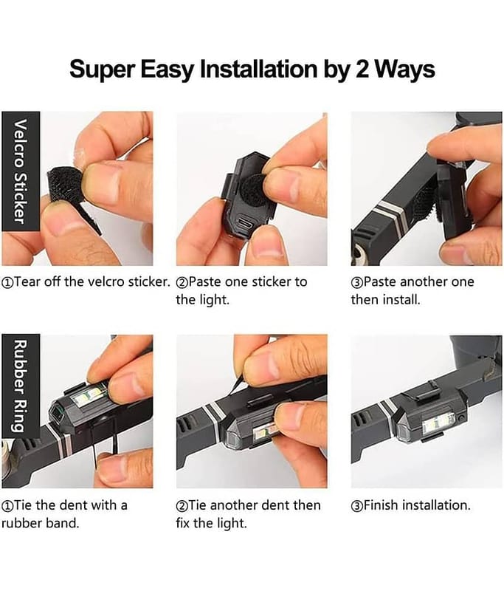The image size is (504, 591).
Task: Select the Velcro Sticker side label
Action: point(21,171)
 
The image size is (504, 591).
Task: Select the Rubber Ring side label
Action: point(21,386)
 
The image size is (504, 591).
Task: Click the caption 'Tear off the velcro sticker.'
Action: point(86,282)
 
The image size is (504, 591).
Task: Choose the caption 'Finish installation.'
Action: point(410,505)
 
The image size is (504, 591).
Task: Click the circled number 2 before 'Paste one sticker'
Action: point(182,282)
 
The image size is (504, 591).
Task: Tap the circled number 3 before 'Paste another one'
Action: point(356,282)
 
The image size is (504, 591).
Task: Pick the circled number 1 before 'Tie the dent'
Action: point(7,505)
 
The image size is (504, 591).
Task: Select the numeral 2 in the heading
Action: point(362,69)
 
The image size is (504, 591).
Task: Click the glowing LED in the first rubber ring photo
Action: point(88,396)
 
